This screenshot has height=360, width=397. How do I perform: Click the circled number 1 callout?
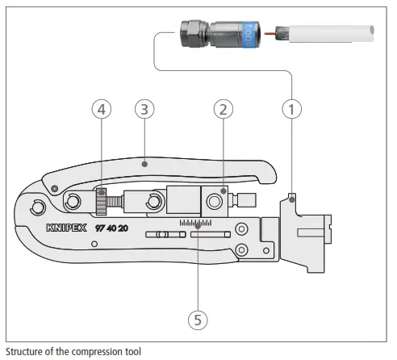click(292, 109)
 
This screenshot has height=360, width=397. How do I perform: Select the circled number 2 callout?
click(224, 109)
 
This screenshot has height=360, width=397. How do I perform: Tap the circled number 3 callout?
click(144, 109)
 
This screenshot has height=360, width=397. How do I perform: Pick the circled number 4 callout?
click(102, 109)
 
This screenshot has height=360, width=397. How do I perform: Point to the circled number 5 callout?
click(198, 320)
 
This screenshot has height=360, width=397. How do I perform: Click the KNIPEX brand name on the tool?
click(66, 228)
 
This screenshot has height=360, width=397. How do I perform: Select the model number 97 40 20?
click(112, 228)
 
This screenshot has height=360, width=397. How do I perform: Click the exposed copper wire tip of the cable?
click(270, 34)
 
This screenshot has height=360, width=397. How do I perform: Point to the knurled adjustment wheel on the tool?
click(101, 202)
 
